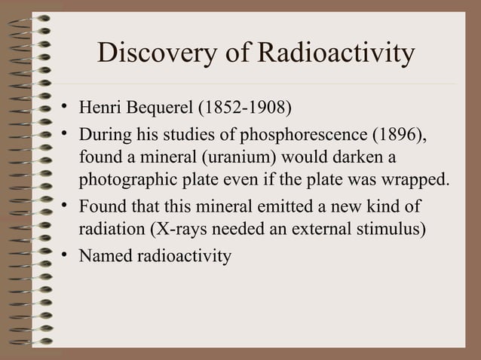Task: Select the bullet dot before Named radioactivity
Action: click(67, 255)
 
